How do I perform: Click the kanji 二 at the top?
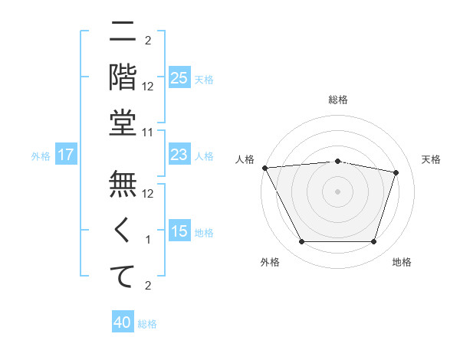pos(123,33)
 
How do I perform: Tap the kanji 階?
pos(123,77)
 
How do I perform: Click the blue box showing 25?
pos(179,77)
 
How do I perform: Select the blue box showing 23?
pos(179,155)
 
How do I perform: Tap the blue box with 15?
pos(179,232)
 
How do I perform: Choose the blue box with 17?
pos(66,155)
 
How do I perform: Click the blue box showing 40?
pos(123,323)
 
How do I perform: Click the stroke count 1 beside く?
pos(148,240)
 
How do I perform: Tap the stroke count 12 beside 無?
pos(148,194)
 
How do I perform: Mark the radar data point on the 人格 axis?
pos(264,168)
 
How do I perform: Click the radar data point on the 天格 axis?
pos(396,172)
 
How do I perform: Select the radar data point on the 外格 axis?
pos(301,242)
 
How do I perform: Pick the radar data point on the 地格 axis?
pos(374,242)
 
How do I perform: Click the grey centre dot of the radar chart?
pos(338,191)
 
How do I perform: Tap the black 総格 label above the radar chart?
pos(338,100)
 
